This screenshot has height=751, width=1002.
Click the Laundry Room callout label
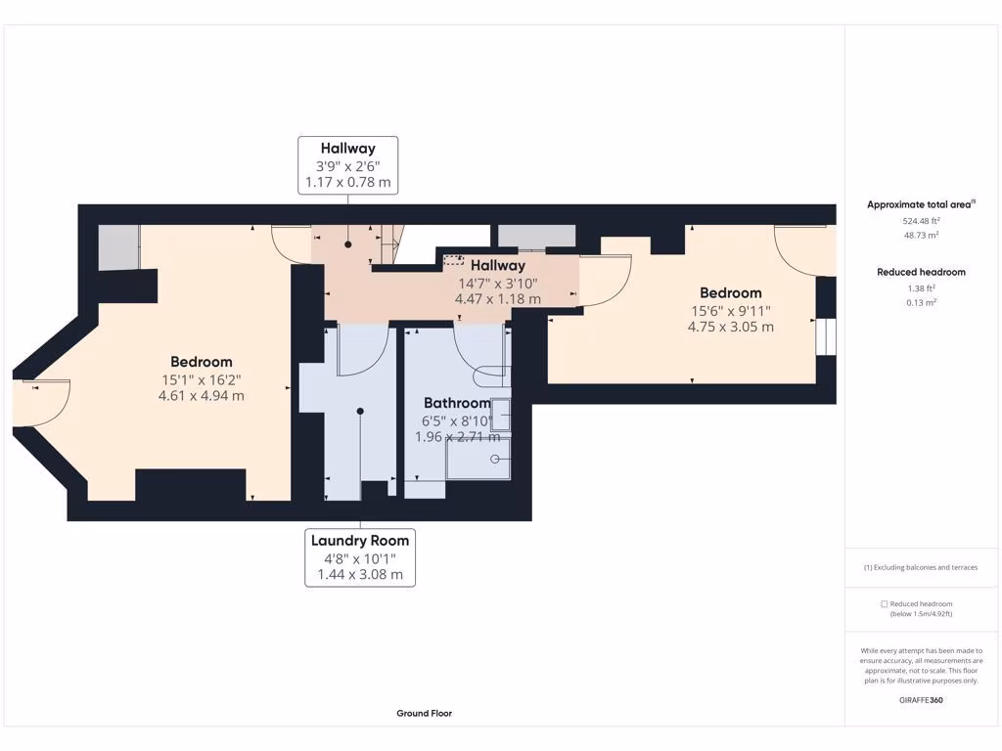pyautogui.click(x=360, y=540)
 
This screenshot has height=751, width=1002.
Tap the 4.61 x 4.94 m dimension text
pyautogui.click(x=202, y=395)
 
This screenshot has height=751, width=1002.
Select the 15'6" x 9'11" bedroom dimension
pyautogui.click(x=730, y=311)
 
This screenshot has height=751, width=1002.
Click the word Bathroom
pyautogui.click(x=458, y=403)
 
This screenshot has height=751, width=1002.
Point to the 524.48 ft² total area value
pyautogui.click(x=921, y=221)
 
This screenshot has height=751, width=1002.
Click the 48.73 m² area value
pyautogui.click(x=921, y=235)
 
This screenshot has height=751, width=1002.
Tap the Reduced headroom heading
pyautogui.click(x=921, y=272)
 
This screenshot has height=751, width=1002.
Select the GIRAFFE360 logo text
pyautogui.click(x=921, y=700)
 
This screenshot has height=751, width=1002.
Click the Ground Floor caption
pyautogui.click(x=425, y=713)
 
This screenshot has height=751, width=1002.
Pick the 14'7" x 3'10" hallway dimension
pyautogui.click(x=498, y=284)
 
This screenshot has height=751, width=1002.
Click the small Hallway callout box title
pyautogui.click(x=347, y=149)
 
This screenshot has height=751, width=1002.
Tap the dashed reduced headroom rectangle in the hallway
pyautogui.click(x=454, y=260)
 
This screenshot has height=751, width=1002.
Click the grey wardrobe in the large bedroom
pyautogui.click(x=118, y=247)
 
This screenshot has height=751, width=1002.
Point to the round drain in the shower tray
pyautogui.click(x=494, y=459)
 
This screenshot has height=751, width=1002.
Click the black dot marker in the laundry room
pyautogui.click(x=360, y=412)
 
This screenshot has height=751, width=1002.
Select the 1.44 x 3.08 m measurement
pyautogui.click(x=360, y=574)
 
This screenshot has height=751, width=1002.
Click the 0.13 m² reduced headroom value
pyautogui.click(x=921, y=303)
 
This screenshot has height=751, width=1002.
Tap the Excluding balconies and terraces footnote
pyautogui.click(x=921, y=567)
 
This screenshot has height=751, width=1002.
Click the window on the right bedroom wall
pyautogui.click(x=826, y=336)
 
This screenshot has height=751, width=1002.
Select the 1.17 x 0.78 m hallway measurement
pyautogui.click(x=347, y=182)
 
